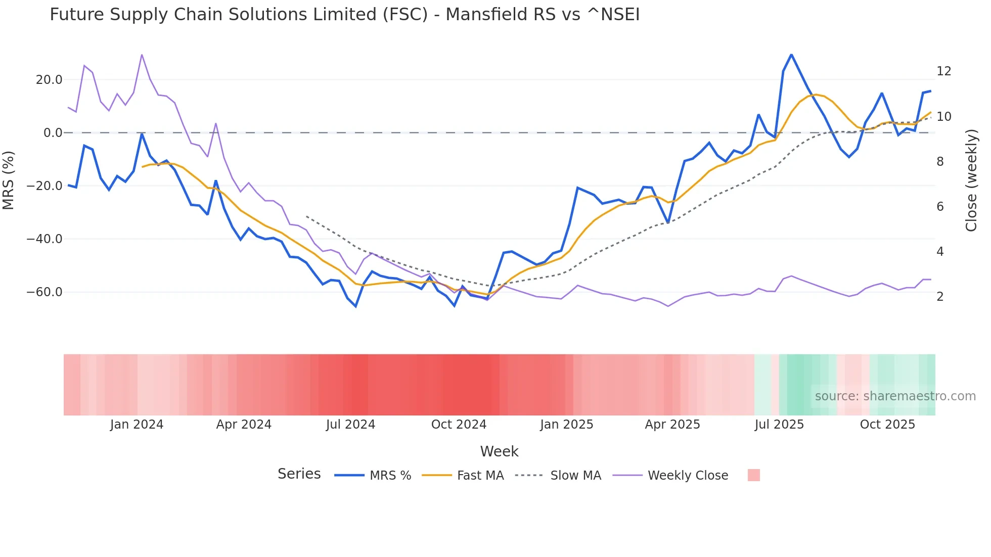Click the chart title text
tap(344, 15)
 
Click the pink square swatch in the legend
tap(753, 475)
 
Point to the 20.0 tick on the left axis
tap(49, 80)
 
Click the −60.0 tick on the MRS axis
tap(44, 292)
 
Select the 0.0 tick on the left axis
tap(53, 133)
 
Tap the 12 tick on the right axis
tap(943, 71)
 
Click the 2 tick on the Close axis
tap(940, 297)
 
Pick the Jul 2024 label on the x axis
tap(350, 425)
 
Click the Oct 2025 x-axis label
tap(887, 425)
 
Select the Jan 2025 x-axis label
tap(566, 425)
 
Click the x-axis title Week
tap(499, 451)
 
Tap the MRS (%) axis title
tap(9, 180)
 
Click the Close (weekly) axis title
tap(971, 180)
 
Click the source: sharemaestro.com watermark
tap(895, 396)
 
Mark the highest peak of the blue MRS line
tap(791, 55)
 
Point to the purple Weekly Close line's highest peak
tap(142, 55)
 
